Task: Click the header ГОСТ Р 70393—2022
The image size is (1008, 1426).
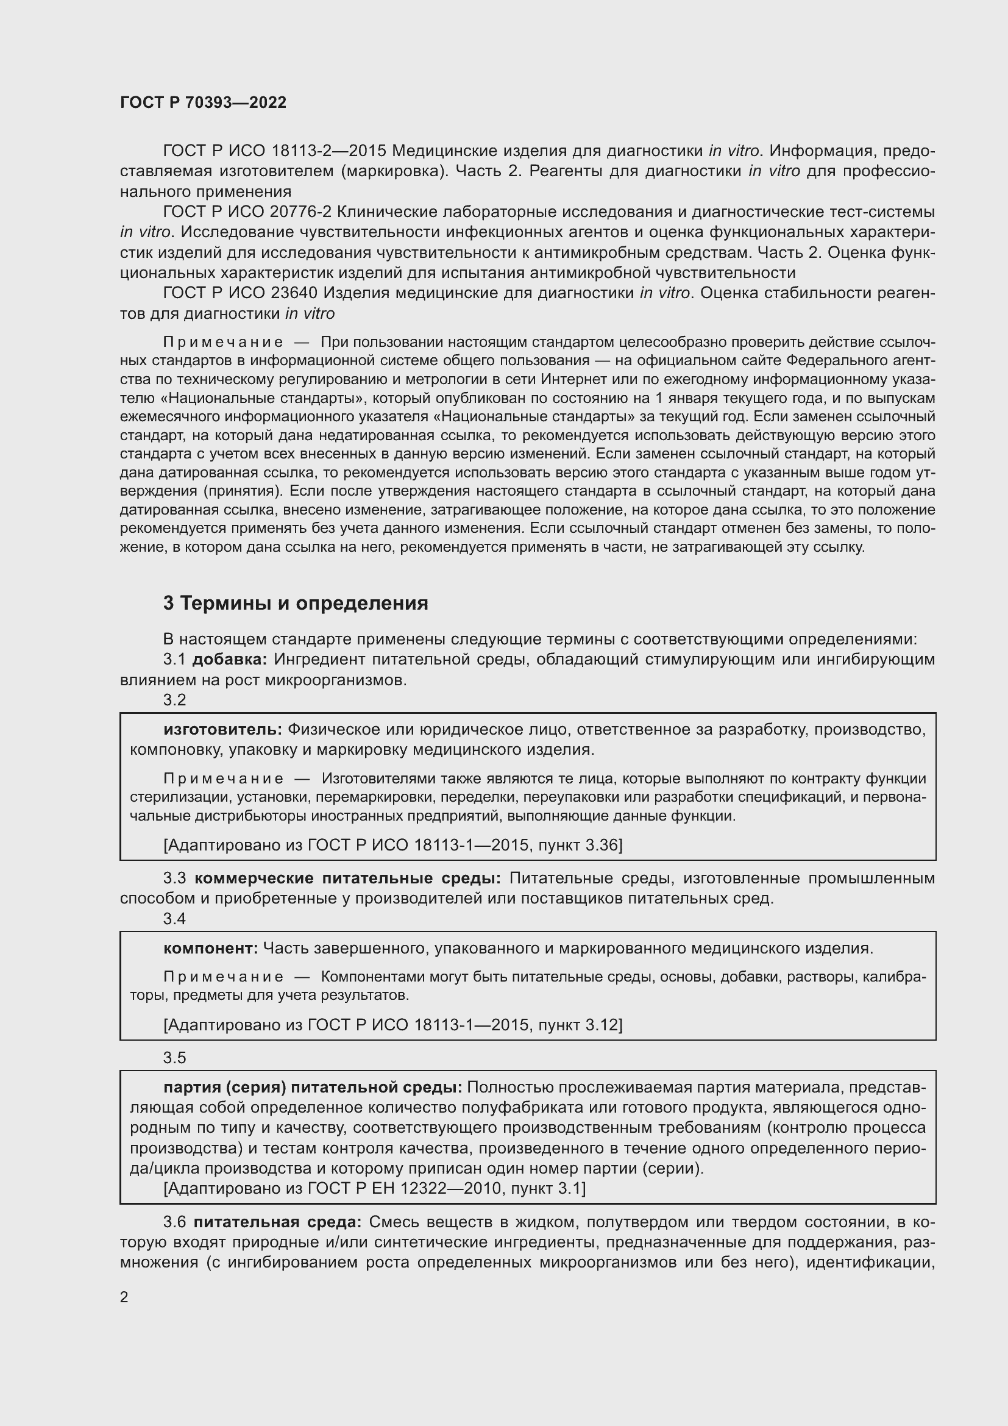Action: tap(203, 102)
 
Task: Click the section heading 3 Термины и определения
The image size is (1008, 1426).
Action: tap(296, 603)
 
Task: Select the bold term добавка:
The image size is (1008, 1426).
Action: tap(229, 659)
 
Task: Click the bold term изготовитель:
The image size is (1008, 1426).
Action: tap(223, 729)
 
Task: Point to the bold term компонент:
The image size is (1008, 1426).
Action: tap(211, 948)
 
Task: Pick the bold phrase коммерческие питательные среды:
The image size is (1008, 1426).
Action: tap(347, 878)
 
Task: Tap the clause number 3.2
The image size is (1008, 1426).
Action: tap(174, 700)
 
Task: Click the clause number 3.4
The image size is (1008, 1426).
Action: tap(174, 919)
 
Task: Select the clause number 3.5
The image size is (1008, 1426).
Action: tap(174, 1058)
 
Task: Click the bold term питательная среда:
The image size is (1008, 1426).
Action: tap(277, 1222)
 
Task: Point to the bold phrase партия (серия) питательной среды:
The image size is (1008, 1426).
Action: tap(313, 1087)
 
